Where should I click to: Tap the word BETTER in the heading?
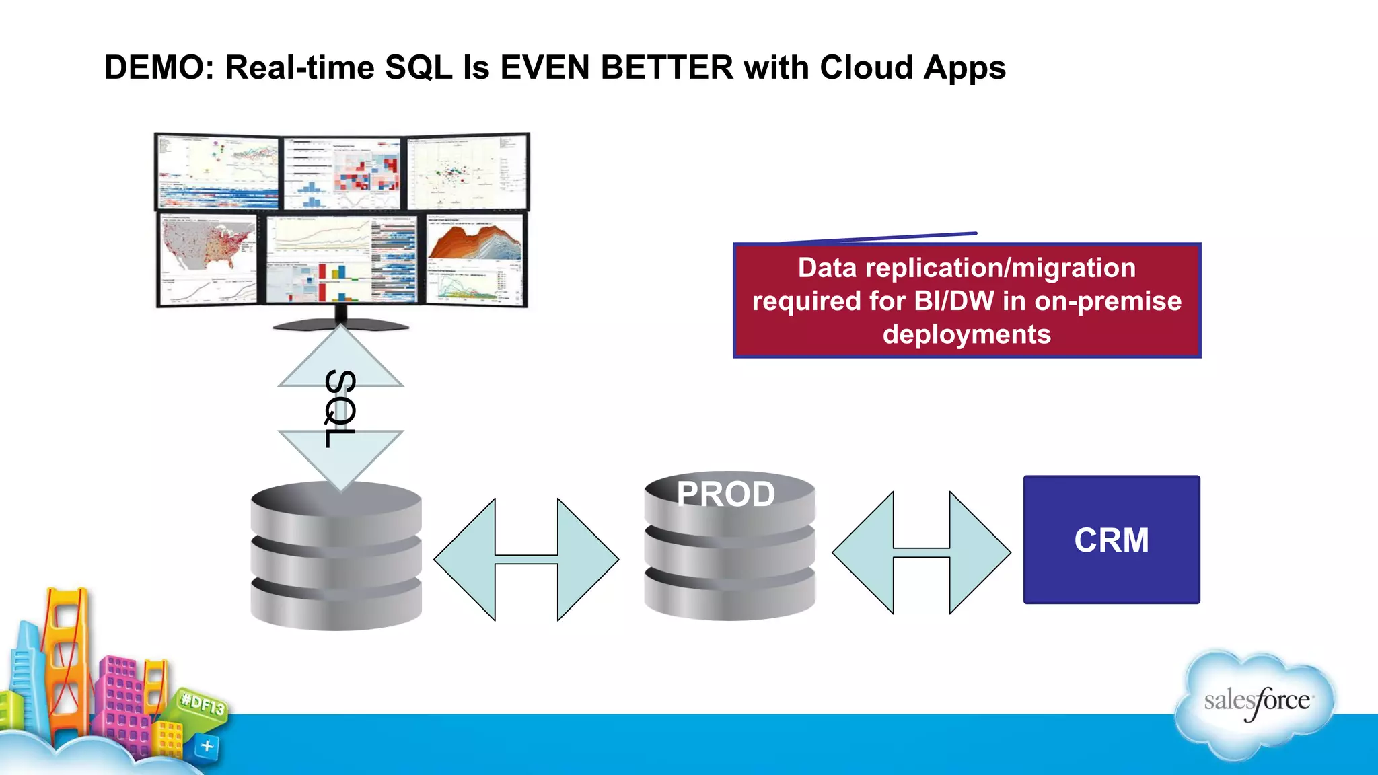(x=667, y=68)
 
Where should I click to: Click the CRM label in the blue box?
(x=1111, y=540)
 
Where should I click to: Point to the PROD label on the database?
(x=725, y=494)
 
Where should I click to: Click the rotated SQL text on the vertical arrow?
(x=340, y=408)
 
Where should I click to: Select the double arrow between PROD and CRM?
(x=921, y=552)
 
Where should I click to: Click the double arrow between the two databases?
(x=526, y=559)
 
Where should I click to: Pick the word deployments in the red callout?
(x=966, y=334)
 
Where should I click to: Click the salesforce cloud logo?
(x=1256, y=703)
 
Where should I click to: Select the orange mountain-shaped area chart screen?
(x=475, y=242)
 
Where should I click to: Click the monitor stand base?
(x=340, y=326)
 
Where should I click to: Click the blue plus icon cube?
(x=207, y=746)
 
